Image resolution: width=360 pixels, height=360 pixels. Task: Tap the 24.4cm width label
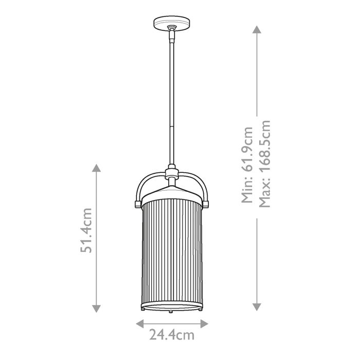(172, 335)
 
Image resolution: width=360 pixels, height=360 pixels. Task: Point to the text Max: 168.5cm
(264, 164)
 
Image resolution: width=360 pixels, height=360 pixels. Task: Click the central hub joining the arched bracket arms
(171, 174)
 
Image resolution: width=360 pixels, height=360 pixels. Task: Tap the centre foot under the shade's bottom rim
(171, 312)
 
